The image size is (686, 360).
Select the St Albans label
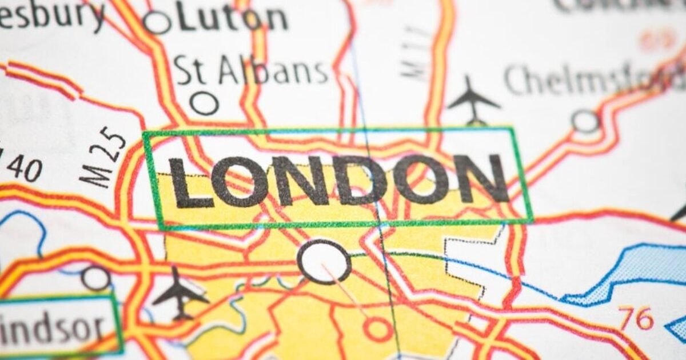click(x=252, y=71)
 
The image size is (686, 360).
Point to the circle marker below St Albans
click(x=204, y=103)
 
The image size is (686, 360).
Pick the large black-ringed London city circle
click(x=324, y=262)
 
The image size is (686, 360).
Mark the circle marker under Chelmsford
click(x=585, y=121)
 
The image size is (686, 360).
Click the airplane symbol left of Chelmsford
click(x=473, y=99)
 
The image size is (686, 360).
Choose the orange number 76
click(x=636, y=318)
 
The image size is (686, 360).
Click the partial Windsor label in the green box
click(x=54, y=327)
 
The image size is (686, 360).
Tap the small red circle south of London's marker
click(x=377, y=329)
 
